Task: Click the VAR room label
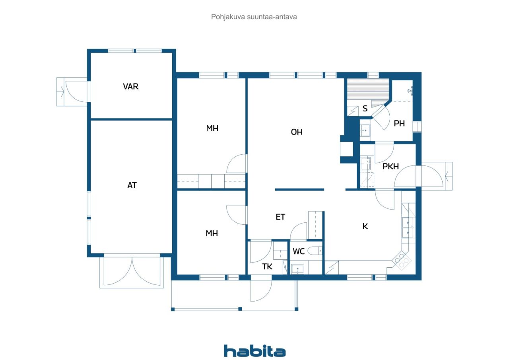tap(131, 87)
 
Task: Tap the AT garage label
tap(132, 185)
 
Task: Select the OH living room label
tap(297, 132)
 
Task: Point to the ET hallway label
tap(280, 217)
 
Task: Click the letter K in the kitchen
tap(365, 226)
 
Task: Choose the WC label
tap(299, 251)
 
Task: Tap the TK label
tap(267, 267)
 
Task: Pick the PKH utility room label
tap(390, 167)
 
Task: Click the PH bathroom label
tap(399, 124)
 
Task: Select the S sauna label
tap(365, 109)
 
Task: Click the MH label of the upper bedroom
tap(212, 128)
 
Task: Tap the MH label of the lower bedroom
tap(212, 234)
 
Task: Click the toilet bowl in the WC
tap(315, 251)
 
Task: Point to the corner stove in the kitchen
tap(402, 261)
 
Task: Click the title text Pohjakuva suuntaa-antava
tap(254, 17)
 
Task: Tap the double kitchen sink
tap(408, 228)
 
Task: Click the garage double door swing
tap(132, 271)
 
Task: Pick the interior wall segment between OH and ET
tap(299, 189)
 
